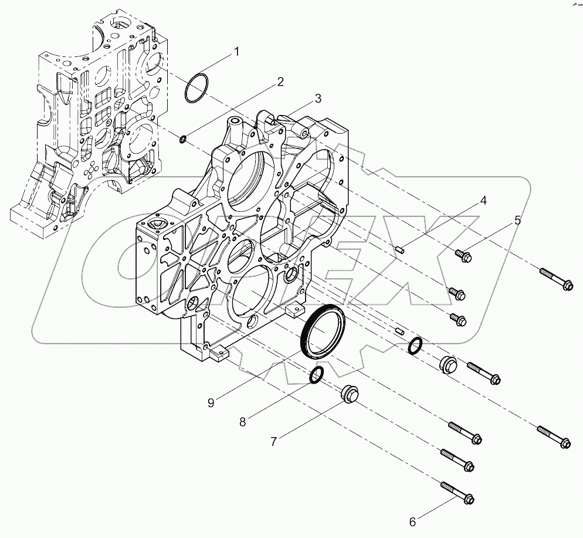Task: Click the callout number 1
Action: [236, 52]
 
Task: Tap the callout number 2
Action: [281, 81]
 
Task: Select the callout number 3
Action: [317, 99]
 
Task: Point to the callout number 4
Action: [483, 201]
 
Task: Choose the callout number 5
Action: [517, 221]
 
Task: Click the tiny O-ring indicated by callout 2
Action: [183, 139]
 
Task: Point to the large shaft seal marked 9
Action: [323, 333]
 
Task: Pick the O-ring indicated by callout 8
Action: [316, 376]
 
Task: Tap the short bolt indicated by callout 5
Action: [463, 255]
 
